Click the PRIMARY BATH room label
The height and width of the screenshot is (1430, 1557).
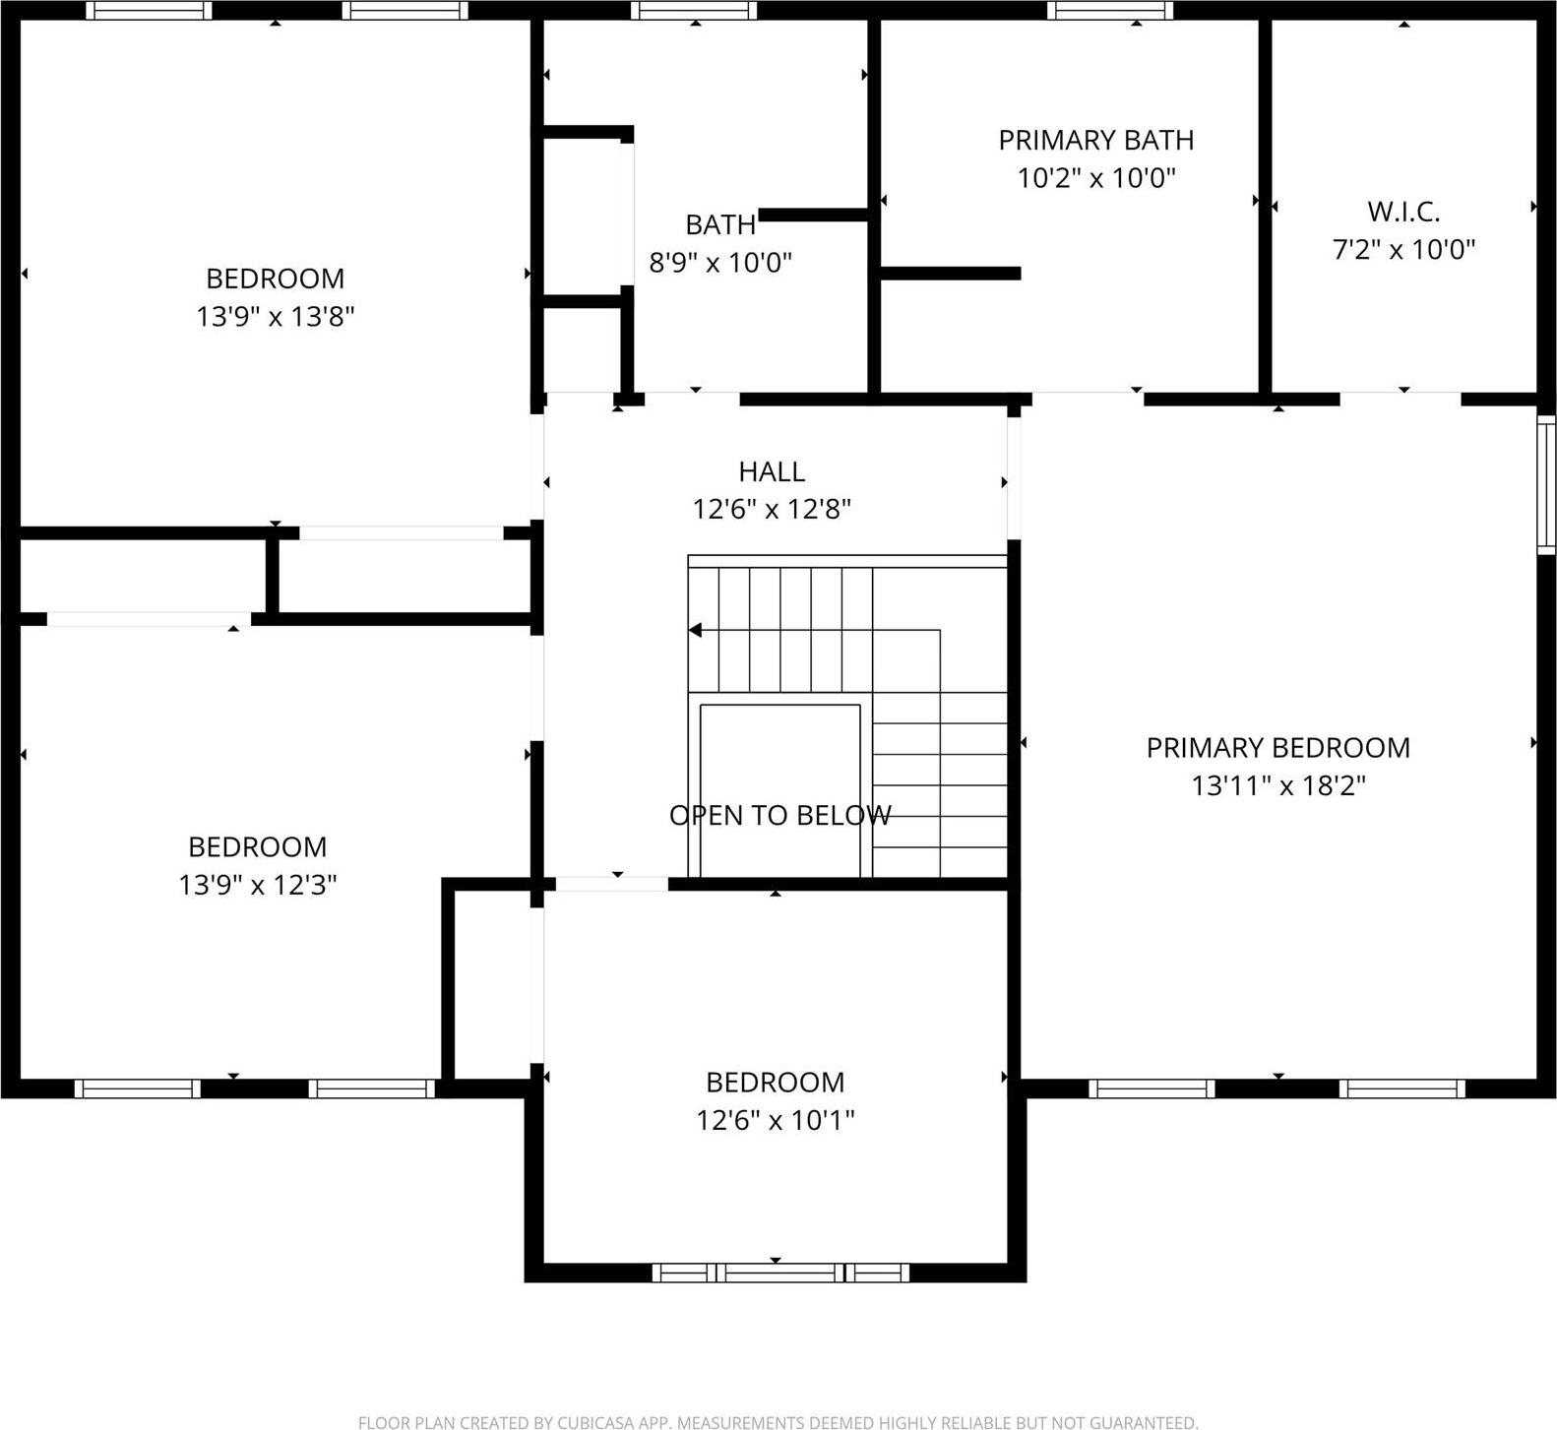tap(1095, 140)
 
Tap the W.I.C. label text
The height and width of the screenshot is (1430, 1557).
tap(1403, 212)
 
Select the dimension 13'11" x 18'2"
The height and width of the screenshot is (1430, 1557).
tap(1278, 785)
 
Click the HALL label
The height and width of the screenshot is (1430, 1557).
tap(772, 471)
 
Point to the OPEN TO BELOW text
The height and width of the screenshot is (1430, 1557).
tap(779, 815)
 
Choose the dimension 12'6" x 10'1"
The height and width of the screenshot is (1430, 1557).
tap(776, 1120)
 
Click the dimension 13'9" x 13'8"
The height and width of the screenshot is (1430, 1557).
tap(276, 316)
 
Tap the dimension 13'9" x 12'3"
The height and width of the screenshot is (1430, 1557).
tap(258, 885)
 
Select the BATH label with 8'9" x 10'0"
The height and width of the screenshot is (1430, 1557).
tap(720, 224)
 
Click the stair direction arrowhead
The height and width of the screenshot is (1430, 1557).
tap(695, 630)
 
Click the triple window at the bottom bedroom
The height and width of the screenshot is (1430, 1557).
tap(780, 1273)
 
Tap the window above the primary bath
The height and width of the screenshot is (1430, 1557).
tap(1110, 11)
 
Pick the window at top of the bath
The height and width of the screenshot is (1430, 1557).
tap(695, 11)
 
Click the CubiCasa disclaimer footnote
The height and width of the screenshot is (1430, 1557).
tap(778, 1422)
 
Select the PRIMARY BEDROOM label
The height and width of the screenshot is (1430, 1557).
tap(1277, 748)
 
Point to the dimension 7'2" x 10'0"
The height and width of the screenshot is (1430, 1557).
tap(1403, 249)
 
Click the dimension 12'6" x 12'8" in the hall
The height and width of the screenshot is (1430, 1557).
tap(772, 509)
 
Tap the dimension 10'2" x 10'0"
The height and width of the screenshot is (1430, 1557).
tap(1095, 178)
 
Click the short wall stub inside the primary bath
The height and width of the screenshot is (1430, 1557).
tap(951, 274)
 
